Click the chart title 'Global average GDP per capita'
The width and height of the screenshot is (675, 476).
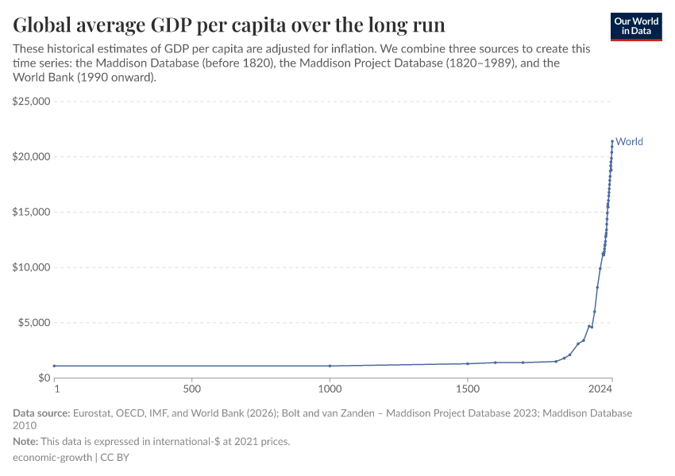click(229, 23)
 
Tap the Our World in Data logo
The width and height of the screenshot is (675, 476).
click(635, 26)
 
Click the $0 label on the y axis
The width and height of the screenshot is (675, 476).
click(43, 378)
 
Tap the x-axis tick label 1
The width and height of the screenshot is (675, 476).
click(56, 390)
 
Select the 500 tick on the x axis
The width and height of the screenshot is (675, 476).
click(191, 390)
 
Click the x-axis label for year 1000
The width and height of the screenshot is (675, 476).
click(330, 390)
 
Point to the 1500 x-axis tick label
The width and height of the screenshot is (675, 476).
click(468, 390)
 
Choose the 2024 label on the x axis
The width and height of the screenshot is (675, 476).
click(601, 390)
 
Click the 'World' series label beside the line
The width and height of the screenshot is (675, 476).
click(630, 142)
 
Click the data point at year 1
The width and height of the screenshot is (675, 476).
click(54, 366)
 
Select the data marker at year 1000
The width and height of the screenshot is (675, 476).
click(330, 366)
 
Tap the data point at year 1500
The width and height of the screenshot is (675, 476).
click(468, 363)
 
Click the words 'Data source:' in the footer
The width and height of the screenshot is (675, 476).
click(41, 413)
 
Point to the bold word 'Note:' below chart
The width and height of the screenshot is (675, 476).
click(27, 442)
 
